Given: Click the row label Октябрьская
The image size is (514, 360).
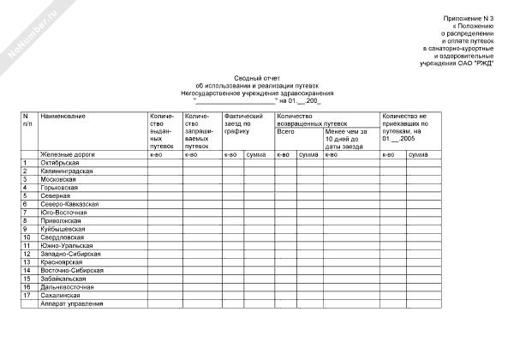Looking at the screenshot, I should [59, 163].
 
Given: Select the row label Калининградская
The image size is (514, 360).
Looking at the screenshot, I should [66, 171].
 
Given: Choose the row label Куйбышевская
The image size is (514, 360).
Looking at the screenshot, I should [63, 230].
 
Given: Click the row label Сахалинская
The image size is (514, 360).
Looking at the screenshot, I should [60, 296].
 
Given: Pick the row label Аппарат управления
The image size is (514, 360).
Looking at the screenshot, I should [71, 304].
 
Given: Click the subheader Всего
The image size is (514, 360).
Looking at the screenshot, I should [285, 133].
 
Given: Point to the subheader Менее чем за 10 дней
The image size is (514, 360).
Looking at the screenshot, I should [347, 138].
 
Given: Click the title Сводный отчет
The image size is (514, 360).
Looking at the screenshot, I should [258, 78].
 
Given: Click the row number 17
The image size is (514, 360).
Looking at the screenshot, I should [27, 296].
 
